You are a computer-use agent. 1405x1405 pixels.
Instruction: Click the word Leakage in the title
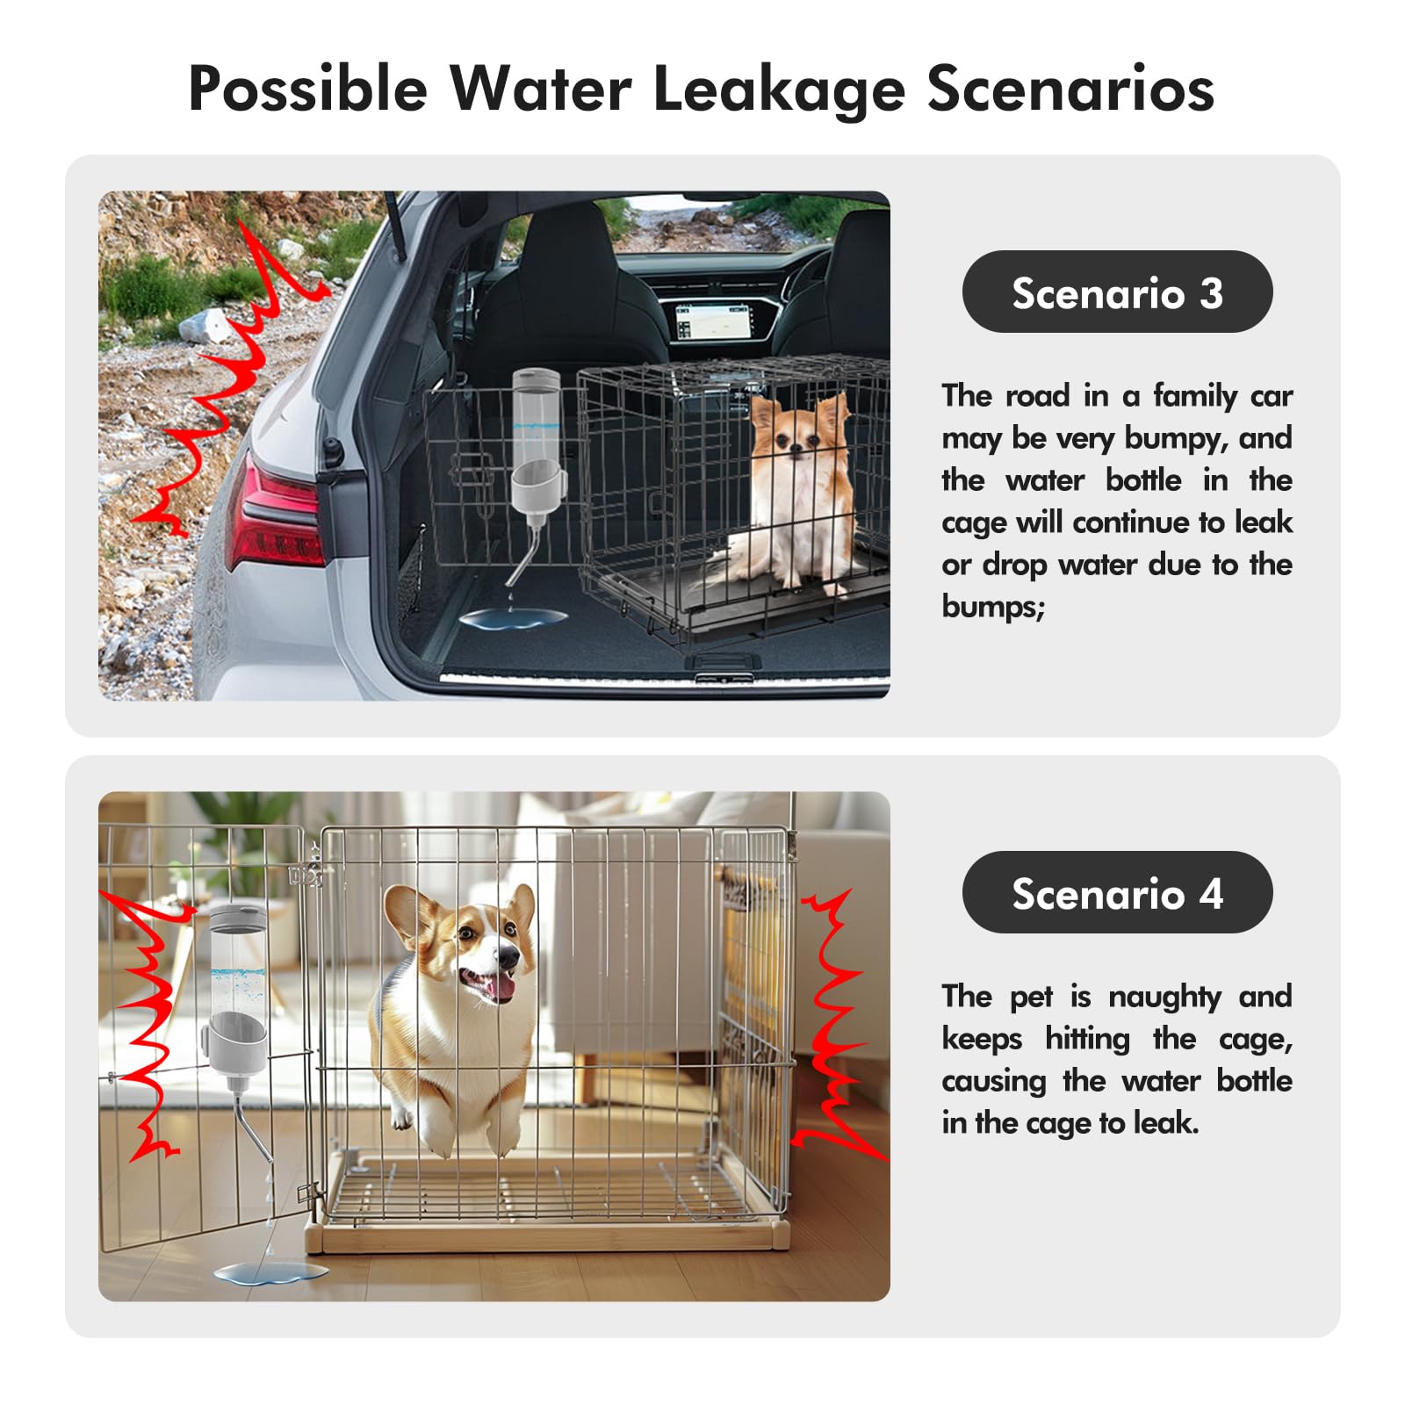778,90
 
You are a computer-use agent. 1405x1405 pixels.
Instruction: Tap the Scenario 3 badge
1117,292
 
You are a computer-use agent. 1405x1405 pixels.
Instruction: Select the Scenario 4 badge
1117,893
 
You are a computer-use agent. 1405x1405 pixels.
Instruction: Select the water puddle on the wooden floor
269,1271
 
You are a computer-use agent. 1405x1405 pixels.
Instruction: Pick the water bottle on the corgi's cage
237,988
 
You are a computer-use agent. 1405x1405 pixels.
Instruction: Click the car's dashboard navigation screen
713,321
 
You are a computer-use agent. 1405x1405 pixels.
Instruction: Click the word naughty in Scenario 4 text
1164,997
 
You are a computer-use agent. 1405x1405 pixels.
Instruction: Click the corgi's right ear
522,909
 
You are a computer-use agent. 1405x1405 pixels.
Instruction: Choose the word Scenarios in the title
1070,90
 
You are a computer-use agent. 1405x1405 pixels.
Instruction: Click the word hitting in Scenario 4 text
1087,1039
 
